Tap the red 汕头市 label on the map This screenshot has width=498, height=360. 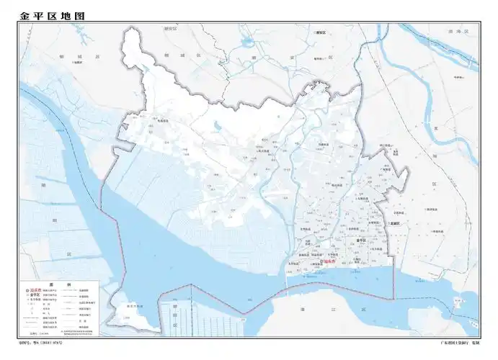click(x=331, y=262)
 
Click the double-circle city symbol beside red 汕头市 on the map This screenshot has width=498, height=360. click(x=322, y=262)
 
